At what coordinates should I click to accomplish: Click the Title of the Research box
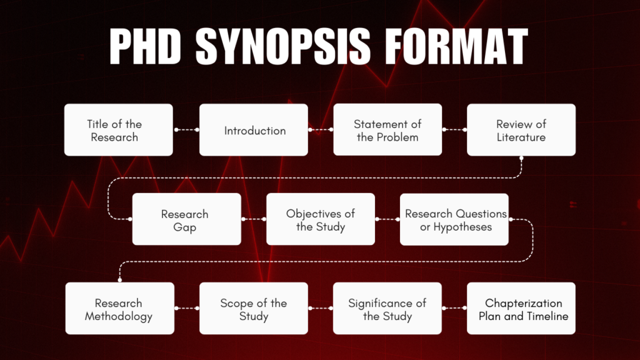[x=119, y=130]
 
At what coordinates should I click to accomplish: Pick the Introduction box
[x=254, y=130]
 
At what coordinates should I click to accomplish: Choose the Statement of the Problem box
[x=387, y=130]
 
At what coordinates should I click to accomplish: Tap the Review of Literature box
[x=521, y=130]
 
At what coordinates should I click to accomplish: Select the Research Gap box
[x=186, y=219]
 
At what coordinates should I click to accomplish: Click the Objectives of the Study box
[x=321, y=219]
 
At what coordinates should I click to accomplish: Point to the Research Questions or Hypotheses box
[x=454, y=219]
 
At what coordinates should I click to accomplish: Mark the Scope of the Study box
[x=254, y=309]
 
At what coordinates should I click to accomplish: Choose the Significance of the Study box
[x=387, y=309]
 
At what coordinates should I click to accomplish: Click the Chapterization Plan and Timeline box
[x=521, y=309]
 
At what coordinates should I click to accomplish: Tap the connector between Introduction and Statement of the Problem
[x=321, y=130]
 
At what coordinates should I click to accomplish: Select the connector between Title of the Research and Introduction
[x=186, y=130]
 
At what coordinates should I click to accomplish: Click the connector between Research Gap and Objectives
[x=254, y=219]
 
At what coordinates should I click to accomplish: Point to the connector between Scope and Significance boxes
[x=321, y=309]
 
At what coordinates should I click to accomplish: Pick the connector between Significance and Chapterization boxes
[x=454, y=309]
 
